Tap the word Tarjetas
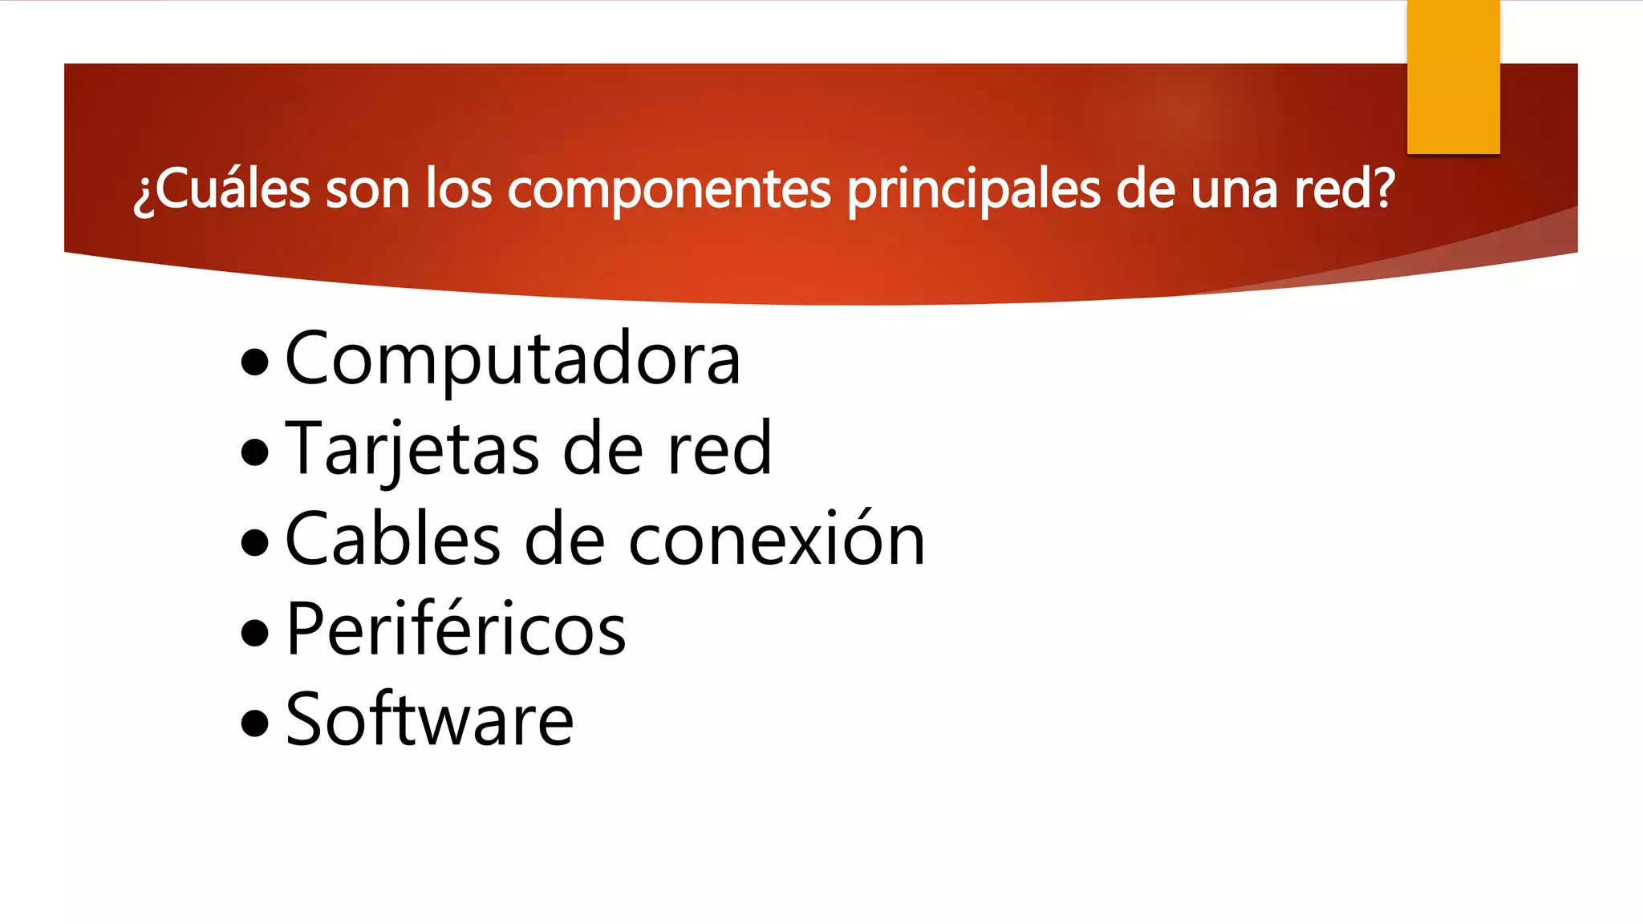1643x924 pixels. [412, 450]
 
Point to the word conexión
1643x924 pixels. [777, 540]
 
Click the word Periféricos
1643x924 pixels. [456, 630]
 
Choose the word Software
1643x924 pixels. [429, 719]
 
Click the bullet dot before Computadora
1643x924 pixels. [255, 362]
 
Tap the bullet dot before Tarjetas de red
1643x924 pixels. [255, 452]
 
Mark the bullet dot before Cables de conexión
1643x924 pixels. [255, 542]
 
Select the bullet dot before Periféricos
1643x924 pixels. [255, 632]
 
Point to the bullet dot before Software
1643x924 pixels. [255, 722]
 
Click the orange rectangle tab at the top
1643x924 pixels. [1453, 77]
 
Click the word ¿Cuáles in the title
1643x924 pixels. [221, 189]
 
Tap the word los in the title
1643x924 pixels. [458, 189]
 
